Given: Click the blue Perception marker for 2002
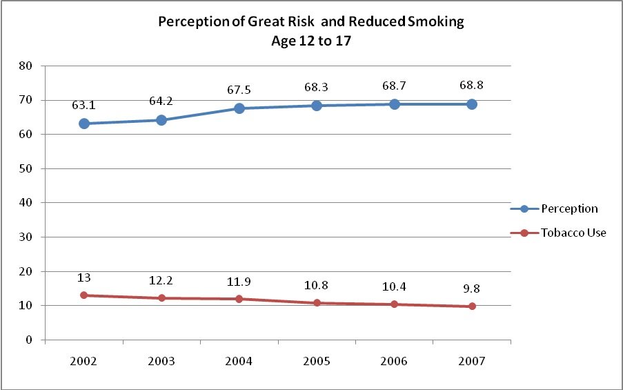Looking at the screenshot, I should coord(84,124).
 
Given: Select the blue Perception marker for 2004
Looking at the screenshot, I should coord(239,108).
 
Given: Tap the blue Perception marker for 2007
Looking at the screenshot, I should coord(472,104).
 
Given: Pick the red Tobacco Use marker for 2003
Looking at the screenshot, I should coord(161,298).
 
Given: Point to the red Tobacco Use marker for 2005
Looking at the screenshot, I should coord(317,303).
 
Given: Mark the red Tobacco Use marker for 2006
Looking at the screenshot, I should coord(395,304).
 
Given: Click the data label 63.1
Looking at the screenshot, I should coord(84,106).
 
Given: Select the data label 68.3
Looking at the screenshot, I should coord(317,88).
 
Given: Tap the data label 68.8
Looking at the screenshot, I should coord(472,87).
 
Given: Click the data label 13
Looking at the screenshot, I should coord(84,278).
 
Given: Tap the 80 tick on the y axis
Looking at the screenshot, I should coord(28,66).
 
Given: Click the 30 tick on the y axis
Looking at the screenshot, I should coord(28,237).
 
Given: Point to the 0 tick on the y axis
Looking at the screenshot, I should coord(30,340).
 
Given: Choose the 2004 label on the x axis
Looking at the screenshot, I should coord(239,361).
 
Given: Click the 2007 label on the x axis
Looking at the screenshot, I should coord(472,361).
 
